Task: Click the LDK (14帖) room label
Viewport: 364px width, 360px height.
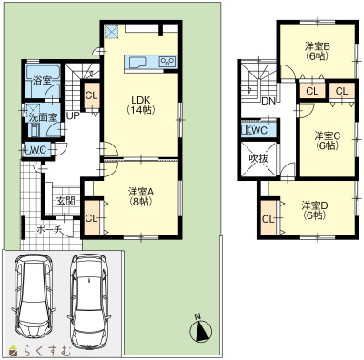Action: pos(141,105)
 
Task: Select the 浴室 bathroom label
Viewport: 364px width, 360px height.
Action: pos(42,81)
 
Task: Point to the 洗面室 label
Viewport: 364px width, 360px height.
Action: pos(43,117)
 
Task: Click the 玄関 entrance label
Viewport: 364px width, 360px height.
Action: pos(66,201)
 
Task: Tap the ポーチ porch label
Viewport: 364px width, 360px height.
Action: pos(49,230)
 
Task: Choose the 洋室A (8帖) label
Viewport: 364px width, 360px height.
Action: pos(141,196)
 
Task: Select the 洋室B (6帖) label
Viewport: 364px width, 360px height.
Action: pos(318,51)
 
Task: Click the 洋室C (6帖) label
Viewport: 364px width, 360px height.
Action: pos(327,141)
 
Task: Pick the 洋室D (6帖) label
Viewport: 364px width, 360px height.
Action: pos(315,210)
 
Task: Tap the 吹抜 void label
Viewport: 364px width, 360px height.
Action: pos(258,158)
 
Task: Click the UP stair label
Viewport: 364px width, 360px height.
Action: pos(73,115)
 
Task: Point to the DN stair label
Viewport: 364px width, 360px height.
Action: pos(268,101)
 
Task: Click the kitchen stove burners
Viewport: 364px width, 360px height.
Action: pos(167,62)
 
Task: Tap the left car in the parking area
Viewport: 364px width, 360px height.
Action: pos(34,296)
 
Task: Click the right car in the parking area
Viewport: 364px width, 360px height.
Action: pos(88,301)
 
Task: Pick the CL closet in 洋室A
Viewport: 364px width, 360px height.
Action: pos(92,218)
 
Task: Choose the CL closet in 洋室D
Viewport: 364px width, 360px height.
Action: pos(268,218)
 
